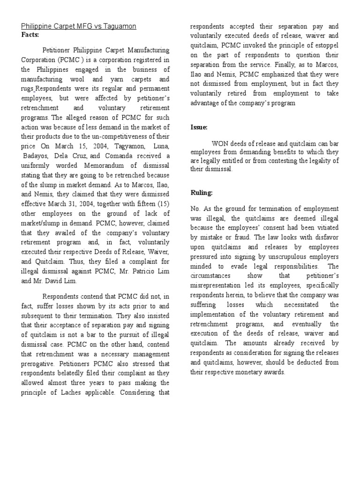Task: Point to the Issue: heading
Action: pyautogui.click(x=199, y=127)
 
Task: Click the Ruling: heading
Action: pyautogui.click(x=202, y=193)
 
